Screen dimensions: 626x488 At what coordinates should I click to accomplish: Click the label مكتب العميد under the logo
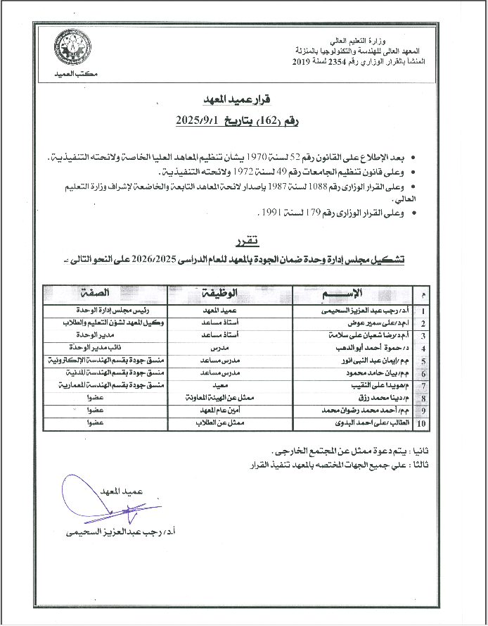(74, 73)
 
